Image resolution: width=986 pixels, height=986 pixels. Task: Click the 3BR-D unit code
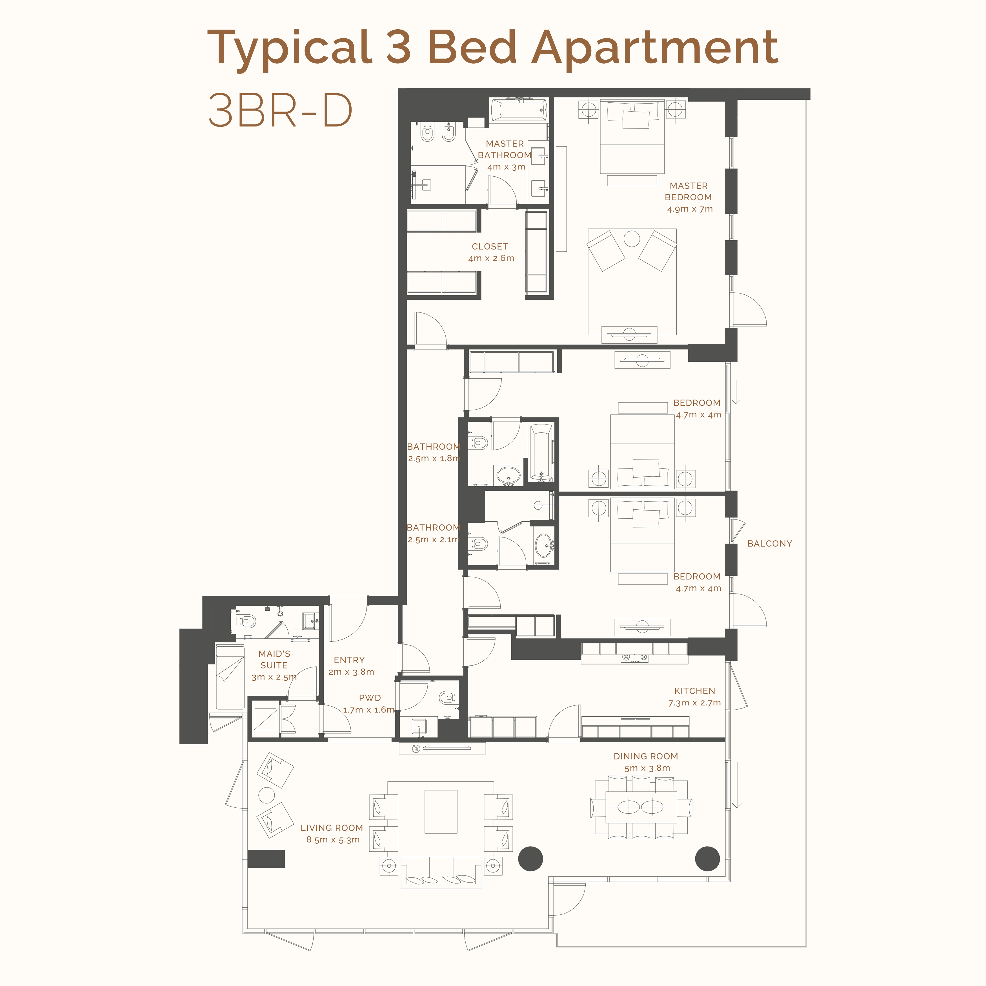(280, 110)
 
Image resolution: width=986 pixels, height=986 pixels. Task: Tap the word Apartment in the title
(655, 48)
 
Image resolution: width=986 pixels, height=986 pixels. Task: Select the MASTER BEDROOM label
(689, 191)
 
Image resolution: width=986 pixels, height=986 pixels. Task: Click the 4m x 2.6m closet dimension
(491, 258)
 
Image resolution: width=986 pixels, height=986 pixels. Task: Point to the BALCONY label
(770, 543)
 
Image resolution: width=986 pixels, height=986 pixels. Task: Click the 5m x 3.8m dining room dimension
(647, 768)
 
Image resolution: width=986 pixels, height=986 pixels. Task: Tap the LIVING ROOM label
(332, 828)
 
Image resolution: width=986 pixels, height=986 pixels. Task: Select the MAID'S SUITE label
(274, 659)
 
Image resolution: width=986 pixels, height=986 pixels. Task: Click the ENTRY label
(349, 660)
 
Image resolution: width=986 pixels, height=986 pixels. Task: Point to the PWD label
(370, 698)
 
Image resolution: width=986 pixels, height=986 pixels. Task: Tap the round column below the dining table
(707, 858)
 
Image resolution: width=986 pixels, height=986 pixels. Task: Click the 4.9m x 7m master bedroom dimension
(689, 209)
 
